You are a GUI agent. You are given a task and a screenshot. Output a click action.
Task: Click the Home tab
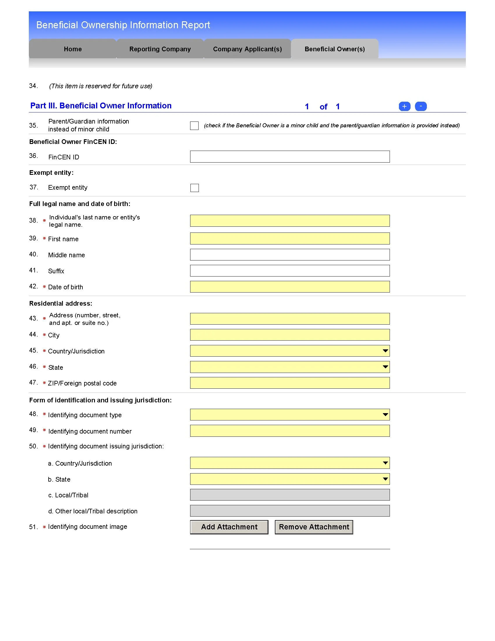(x=73, y=49)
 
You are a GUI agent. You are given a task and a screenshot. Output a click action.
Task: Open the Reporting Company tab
(x=160, y=49)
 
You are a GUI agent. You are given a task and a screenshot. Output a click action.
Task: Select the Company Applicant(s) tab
(x=247, y=49)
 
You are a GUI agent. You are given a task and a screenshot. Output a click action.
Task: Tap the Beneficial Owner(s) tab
(x=335, y=49)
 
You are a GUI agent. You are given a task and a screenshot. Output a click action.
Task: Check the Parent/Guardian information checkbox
(x=194, y=126)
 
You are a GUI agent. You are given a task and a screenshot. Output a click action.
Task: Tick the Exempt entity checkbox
(x=195, y=188)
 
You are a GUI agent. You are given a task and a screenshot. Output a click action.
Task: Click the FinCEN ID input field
(x=289, y=157)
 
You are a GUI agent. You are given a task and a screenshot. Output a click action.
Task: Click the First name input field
(x=289, y=239)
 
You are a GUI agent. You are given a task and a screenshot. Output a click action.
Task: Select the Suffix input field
(x=289, y=271)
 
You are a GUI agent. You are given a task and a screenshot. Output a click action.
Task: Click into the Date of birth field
(x=289, y=287)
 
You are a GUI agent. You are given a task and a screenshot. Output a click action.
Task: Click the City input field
(x=289, y=335)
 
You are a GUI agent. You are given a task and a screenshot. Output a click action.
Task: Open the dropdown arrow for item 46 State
(x=385, y=367)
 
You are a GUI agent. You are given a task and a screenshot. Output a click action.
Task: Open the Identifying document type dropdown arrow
(x=385, y=415)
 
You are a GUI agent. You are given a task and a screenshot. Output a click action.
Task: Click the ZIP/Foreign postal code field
(x=289, y=383)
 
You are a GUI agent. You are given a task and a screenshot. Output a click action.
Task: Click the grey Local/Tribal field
(x=289, y=495)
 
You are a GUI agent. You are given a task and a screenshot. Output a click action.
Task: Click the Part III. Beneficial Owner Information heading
(x=101, y=106)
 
